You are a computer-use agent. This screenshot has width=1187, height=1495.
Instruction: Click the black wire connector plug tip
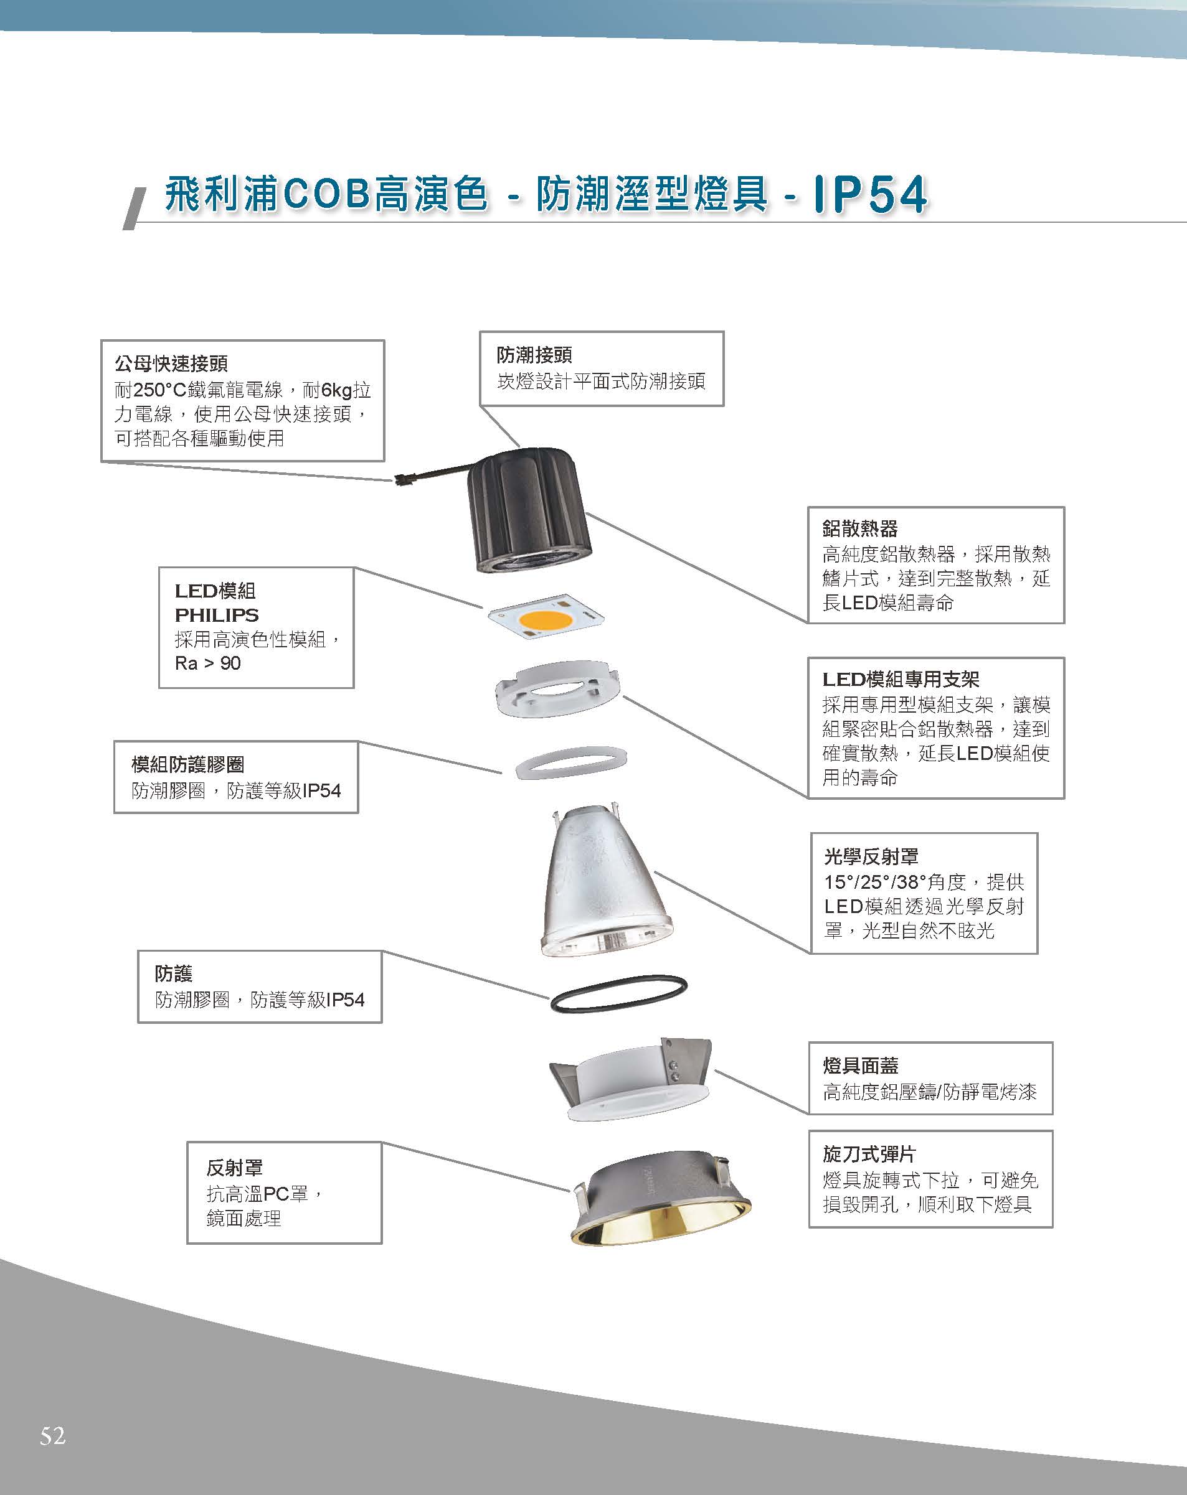(400, 478)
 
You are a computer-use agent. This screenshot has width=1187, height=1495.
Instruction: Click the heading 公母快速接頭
(171, 363)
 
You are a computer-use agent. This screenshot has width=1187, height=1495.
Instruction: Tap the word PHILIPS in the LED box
(217, 615)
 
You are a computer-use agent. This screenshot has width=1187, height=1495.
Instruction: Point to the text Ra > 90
(207, 663)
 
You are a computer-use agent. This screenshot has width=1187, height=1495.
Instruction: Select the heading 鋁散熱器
(859, 528)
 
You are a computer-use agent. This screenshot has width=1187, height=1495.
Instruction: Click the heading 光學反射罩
(871, 856)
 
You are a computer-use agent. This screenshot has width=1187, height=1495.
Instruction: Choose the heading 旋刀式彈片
(869, 1154)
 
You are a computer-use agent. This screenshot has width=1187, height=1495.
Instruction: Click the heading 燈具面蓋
(860, 1065)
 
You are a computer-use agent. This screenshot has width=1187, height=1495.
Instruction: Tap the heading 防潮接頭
(534, 355)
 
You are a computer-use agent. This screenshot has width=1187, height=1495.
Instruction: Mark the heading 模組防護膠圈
(187, 764)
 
